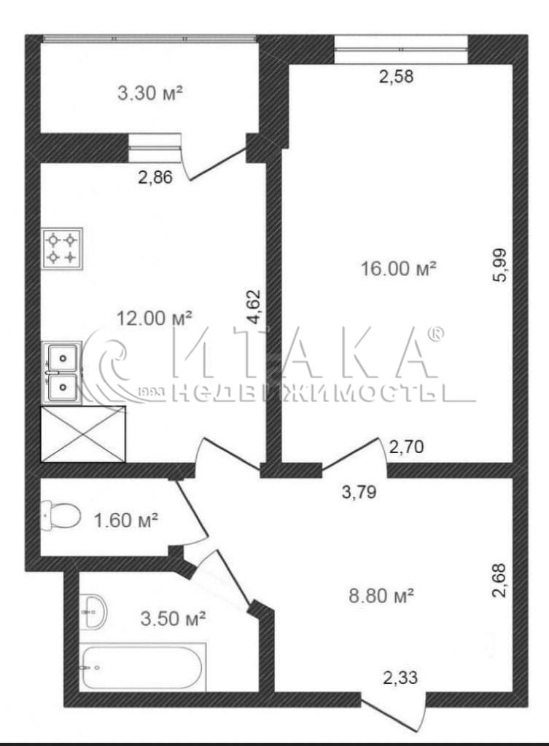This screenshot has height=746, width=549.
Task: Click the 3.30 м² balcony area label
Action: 150,93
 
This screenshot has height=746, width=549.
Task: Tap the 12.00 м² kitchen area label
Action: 155,318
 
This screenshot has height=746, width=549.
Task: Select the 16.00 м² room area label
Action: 399,269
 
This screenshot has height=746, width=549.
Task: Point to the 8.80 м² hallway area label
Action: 381,595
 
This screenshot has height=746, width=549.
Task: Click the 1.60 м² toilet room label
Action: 126,520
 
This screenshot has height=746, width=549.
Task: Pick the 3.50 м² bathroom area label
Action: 174,619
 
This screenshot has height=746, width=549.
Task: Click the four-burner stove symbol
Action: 63,249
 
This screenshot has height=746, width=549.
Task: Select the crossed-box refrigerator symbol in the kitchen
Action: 83,434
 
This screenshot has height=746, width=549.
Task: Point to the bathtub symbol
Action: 142,667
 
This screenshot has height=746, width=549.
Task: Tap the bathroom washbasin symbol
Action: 93,611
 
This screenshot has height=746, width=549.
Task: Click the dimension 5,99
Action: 501,265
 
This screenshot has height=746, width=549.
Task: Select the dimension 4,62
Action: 254,307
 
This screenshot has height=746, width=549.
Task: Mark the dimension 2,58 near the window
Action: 396,76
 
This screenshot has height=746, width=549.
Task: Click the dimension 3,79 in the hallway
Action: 359,492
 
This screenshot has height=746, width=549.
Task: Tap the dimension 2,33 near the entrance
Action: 400,677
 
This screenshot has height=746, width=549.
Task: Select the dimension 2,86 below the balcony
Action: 155,178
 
